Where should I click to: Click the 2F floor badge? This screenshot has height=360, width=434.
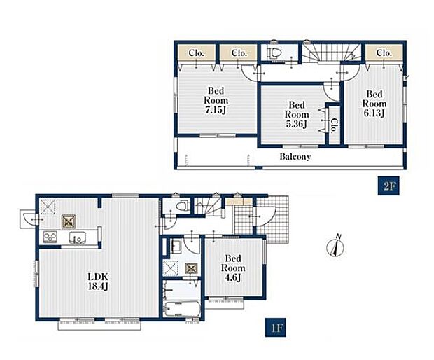pos(388,186)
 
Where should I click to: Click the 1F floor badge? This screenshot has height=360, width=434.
pos(275,328)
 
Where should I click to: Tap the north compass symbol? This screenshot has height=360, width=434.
pos(336,246)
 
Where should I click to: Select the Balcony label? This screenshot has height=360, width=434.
pos(295,156)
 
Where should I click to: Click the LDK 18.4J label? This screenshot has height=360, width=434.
pos(98,282)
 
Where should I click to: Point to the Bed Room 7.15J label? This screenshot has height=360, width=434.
pos(216,100)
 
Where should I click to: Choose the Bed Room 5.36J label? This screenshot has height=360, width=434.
pos(297,115)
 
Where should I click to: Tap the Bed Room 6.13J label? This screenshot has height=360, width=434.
pos(374,104)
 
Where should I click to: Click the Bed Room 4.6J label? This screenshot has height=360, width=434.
pos(233,268)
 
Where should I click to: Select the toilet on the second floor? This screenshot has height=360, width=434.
pos(274,53)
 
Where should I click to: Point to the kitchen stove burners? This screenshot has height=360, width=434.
pos(50,237)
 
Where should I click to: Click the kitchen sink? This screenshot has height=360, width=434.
pos(77,237)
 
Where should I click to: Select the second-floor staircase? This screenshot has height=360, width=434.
pos(331,53)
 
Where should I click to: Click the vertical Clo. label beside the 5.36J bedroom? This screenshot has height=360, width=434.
pos(335,125)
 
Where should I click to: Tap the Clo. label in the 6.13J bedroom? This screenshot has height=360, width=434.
pos(384,53)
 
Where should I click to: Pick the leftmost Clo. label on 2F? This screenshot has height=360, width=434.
pos(196,53)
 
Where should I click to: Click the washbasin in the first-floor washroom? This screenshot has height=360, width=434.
pos(176,246)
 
